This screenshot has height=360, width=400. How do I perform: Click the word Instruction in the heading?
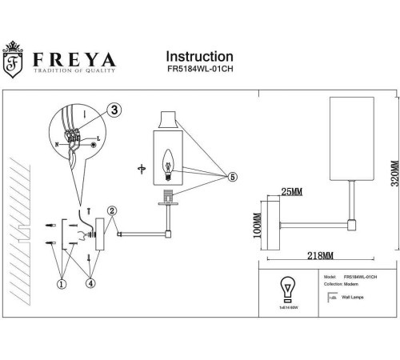click(199, 57)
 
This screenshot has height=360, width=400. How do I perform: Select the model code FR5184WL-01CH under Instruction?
click(199, 71)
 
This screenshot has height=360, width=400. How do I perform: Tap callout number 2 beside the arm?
click(114, 211)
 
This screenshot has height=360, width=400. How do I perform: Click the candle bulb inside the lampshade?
click(169, 160)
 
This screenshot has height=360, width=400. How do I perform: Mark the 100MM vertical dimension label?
click(258, 229)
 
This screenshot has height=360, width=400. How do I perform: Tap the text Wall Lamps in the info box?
click(350, 296)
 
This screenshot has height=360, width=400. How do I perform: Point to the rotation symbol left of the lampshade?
click(141, 169)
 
